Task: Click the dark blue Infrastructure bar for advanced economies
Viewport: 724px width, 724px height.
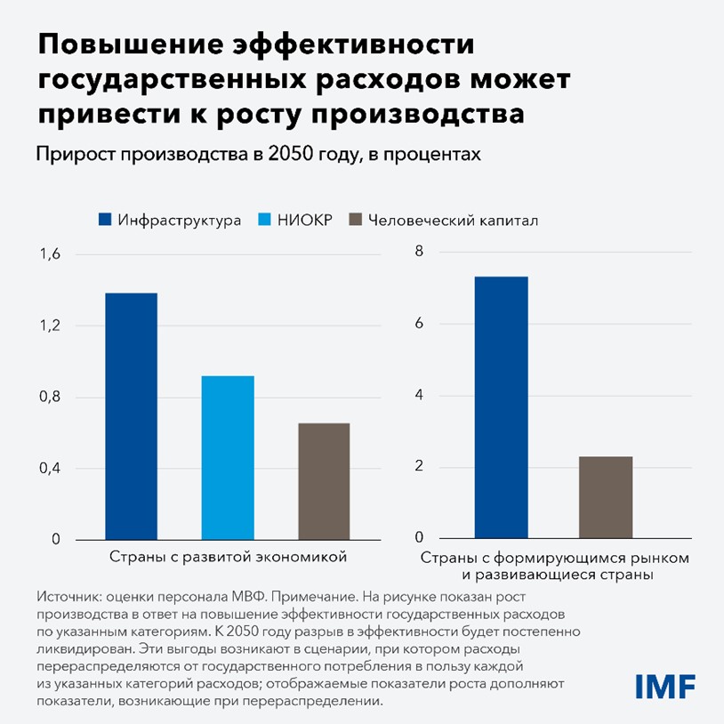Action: (x=131, y=416)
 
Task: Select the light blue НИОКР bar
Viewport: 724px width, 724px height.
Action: (x=228, y=457)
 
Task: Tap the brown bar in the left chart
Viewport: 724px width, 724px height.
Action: (x=323, y=481)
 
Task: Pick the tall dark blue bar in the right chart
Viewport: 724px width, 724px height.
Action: (x=501, y=408)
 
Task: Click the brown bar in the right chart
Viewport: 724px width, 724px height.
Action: (x=606, y=497)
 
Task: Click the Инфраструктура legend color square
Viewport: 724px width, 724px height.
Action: (x=104, y=220)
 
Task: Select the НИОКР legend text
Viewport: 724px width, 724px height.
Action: (x=306, y=220)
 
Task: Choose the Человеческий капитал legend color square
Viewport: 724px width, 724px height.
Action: (x=356, y=220)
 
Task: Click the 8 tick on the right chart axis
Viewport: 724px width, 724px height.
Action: (x=420, y=253)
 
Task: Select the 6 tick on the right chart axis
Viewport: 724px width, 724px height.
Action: (x=420, y=325)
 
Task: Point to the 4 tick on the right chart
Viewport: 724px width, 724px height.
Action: (x=420, y=396)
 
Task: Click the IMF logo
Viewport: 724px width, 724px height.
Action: (x=664, y=686)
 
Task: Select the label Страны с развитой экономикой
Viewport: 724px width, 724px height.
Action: (x=228, y=557)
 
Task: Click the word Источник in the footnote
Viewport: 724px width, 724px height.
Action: (x=68, y=598)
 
